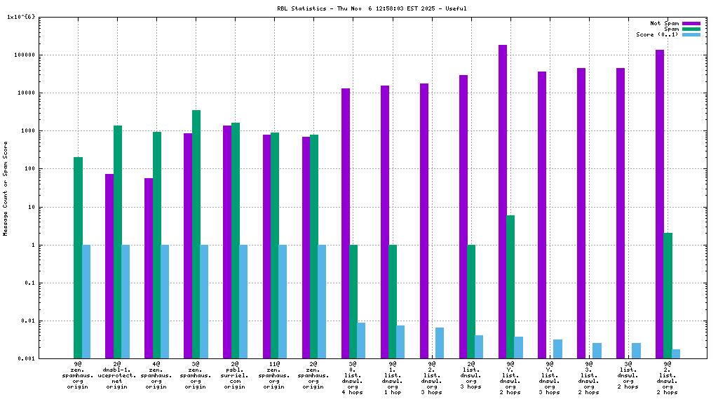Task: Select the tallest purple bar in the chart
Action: pyautogui.click(x=503, y=201)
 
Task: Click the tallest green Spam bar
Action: pyautogui.click(x=196, y=234)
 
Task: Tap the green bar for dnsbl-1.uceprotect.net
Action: pyautogui.click(x=118, y=242)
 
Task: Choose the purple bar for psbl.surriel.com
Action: pyautogui.click(x=227, y=242)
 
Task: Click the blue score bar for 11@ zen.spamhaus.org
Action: pyautogui.click(x=283, y=302)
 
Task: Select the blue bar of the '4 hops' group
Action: pyautogui.click(x=361, y=340)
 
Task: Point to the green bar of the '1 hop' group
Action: pyautogui.click(x=393, y=302)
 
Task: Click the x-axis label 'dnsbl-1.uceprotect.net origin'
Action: pyautogui.click(x=117, y=375)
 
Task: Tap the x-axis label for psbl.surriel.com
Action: pyautogui.click(x=235, y=375)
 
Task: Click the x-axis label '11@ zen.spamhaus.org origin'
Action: pyautogui.click(x=274, y=375)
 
